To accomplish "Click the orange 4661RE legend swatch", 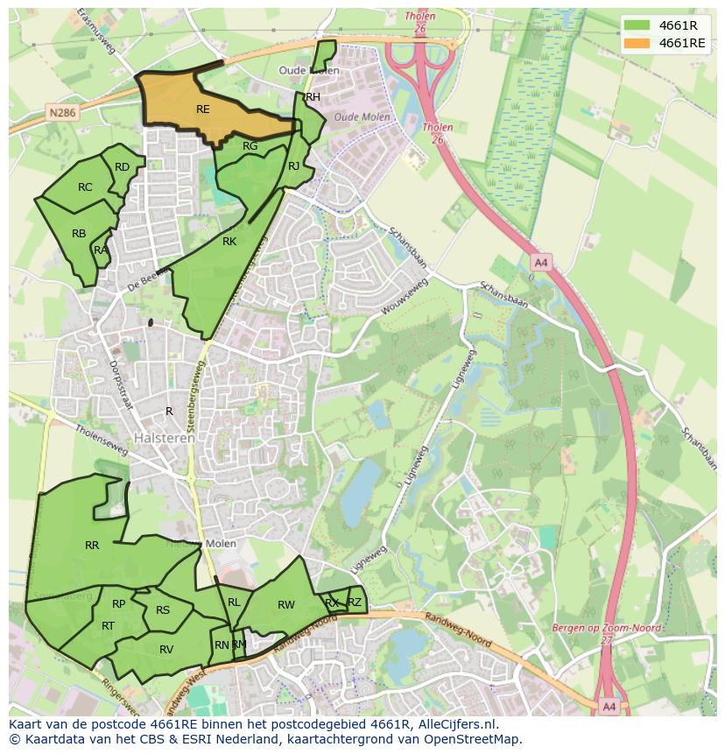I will (637, 43).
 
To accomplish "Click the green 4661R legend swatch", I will (637, 25).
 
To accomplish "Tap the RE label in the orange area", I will (203, 109).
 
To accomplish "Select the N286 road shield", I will (62, 113).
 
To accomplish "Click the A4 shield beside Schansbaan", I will (540, 262).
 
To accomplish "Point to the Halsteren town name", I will (165, 438).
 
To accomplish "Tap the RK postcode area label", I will (229, 242).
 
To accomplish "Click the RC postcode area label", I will (85, 187).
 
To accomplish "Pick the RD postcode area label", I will (123, 167).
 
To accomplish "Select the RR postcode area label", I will (92, 546).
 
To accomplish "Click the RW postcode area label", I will (286, 605).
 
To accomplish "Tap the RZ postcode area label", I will (355, 602).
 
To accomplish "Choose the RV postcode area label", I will (166, 649).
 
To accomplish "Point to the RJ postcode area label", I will (294, 166).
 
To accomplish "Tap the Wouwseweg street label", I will (405, 297).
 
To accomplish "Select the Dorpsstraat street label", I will (119, 384).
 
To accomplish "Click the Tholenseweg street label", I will (102, 441).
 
